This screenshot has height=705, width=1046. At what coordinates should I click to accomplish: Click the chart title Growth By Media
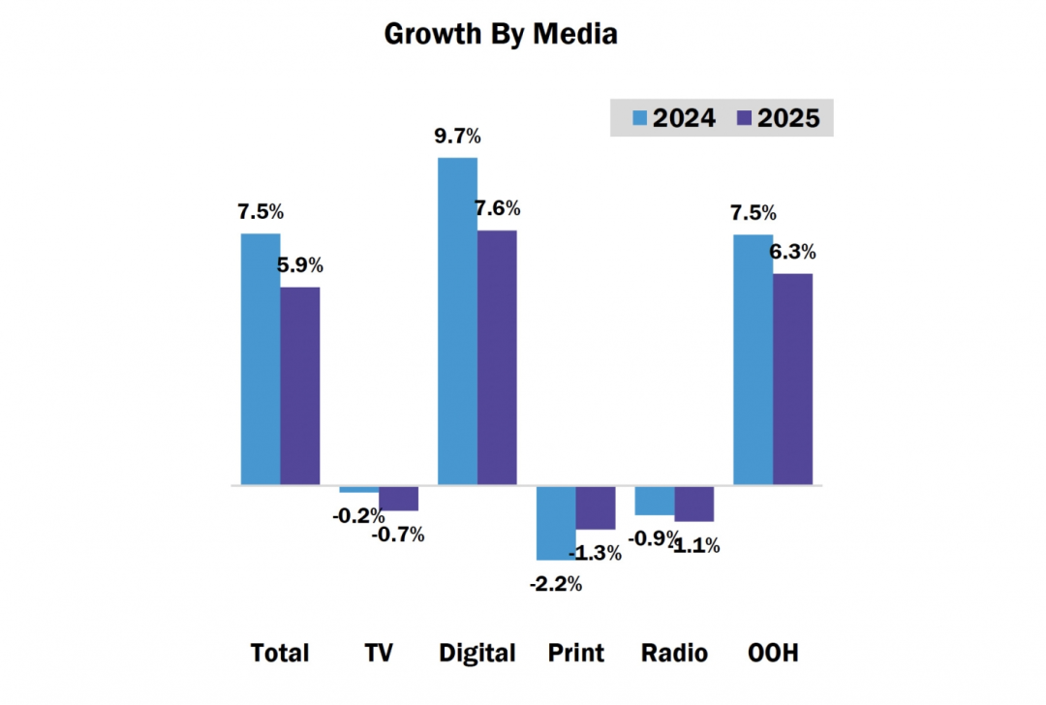pos(501,34)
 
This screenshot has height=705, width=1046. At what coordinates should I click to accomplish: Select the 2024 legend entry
pos(674,118)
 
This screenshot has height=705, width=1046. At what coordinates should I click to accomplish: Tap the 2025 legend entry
pos(778,118)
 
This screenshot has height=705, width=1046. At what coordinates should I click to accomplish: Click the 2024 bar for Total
pos(261,358)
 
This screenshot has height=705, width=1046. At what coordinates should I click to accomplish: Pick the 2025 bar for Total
pos(300,385)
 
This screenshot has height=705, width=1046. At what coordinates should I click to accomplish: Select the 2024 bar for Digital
pos(458,321)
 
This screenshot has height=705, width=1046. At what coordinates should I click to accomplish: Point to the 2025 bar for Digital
pos(497,357)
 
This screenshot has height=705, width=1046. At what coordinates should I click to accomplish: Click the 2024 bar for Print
pos(556,523)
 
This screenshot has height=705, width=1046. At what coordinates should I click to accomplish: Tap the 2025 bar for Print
pos(596,507)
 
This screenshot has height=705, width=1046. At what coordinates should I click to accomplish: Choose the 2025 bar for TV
pos(398,498)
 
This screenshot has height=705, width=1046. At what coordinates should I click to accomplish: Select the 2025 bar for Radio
pos(694,504)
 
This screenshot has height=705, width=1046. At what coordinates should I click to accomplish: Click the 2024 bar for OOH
pos(753,359)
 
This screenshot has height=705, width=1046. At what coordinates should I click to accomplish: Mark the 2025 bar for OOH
pos(792,379)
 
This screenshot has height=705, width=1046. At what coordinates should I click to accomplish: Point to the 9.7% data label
pos(456,137)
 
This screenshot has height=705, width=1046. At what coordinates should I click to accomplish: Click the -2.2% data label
pos(555,584)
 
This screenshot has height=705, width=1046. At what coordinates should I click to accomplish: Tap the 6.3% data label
pos(792,253)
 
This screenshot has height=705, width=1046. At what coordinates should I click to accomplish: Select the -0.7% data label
pos(398,534)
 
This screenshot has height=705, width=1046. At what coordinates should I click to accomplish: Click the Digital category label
pos(477,653)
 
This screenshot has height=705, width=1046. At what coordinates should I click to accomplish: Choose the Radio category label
pos(674,653)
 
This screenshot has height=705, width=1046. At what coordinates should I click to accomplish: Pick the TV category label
pos(378,653)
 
